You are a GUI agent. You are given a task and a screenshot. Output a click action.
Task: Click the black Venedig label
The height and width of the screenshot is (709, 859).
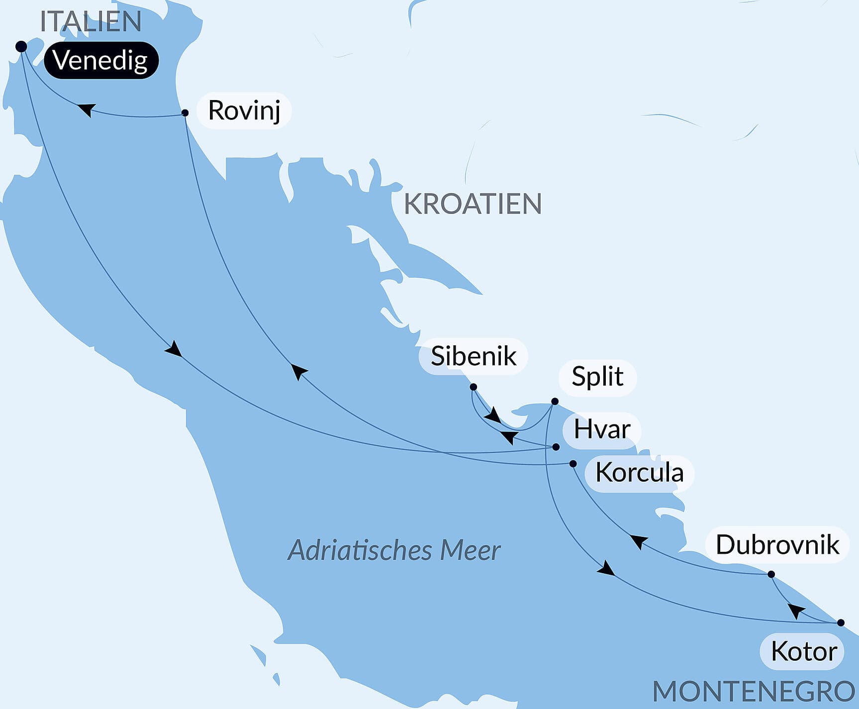[x=101, y=61]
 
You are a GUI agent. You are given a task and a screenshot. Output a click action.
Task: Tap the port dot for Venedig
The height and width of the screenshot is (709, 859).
[x=21, y=47]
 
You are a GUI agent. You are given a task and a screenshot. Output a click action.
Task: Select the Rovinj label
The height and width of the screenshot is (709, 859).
[x=244, y=110]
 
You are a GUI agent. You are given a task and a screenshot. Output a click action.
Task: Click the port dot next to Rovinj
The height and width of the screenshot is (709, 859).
[x=185, y=113]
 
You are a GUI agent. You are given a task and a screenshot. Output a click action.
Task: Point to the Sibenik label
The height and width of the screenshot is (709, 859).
[x=473, y=356]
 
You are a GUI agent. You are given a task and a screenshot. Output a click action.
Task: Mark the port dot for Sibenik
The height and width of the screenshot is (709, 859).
[x=474, y=387]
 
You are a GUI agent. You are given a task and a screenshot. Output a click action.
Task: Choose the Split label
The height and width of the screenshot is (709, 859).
[x=597, y=377]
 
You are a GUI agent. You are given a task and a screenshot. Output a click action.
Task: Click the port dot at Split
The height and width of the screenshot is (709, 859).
[x=555, y=402]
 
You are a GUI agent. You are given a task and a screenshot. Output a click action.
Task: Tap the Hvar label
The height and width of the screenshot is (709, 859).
[x=601, y=429]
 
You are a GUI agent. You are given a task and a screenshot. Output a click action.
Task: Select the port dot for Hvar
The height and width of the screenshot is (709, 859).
[x=556, y=447]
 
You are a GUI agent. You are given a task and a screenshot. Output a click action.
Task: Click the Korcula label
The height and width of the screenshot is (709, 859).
[x=639, y=473]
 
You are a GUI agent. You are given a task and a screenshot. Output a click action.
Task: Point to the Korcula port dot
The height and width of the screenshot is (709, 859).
[x=573, y=464]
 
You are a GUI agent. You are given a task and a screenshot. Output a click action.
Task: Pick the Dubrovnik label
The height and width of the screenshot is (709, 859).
[x=777, y=545]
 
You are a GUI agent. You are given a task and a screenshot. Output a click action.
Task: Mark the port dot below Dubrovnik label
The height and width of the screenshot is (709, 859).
[x=771, y=574]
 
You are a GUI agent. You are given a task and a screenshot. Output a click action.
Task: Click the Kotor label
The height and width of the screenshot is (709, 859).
[x=803, y=651]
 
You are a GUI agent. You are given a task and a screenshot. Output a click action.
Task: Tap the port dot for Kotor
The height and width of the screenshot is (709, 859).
[x=841, y=623]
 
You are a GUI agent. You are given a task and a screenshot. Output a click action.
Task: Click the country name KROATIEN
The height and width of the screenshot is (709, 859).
[x=473, y=204]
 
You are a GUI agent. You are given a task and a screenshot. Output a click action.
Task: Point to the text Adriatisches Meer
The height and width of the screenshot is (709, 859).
[x=394, y=551]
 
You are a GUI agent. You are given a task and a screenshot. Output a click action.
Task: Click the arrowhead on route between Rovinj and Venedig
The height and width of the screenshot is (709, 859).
[x=87, y=109]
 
